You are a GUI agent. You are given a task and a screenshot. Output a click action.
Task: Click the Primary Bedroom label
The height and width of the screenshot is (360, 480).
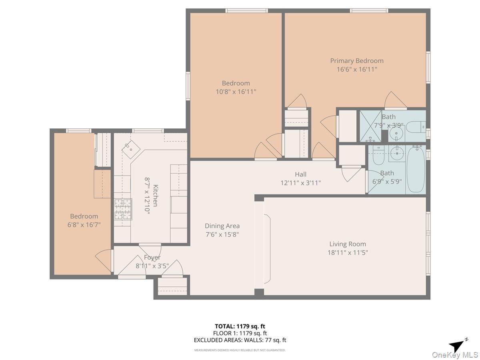coord(356,61)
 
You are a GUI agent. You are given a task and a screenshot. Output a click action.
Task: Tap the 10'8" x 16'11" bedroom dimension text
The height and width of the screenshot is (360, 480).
coord(236,92)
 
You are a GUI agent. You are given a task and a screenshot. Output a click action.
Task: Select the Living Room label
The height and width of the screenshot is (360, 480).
coord(347,244)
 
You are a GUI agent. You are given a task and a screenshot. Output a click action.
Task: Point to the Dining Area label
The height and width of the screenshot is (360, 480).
coord(222,226)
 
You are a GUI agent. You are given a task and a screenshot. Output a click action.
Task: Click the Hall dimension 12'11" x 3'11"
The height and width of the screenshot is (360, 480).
coord(300,183)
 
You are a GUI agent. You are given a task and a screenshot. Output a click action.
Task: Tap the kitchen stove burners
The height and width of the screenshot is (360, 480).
coord(123,209)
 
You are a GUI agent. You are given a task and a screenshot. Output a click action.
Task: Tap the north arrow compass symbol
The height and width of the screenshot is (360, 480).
coord(458,345)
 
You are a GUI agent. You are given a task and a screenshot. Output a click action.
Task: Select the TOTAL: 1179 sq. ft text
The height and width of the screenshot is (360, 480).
coord(240,326)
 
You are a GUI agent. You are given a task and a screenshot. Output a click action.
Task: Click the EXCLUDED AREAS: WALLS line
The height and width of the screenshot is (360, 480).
coord(240,340)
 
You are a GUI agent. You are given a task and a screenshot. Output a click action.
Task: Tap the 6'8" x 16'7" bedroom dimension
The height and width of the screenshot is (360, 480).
coord(84,225)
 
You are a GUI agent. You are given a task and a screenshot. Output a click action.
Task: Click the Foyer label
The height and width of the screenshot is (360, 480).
coord(152,258)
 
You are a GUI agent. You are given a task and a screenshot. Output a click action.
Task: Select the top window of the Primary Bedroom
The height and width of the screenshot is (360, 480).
coord(369,10)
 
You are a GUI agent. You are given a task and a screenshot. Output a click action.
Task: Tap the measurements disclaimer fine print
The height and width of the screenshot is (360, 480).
coord(240,350)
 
